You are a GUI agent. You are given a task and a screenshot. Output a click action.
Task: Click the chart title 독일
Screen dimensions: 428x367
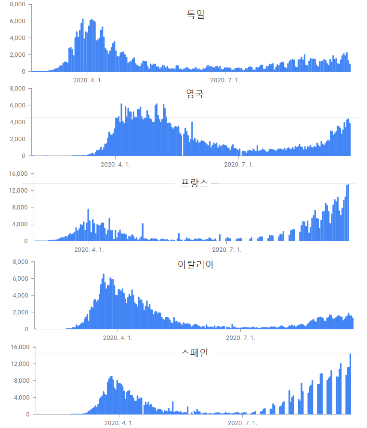click(x=196, y=14)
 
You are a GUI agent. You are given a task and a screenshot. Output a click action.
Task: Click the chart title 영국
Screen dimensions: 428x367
click(x=195, y=94)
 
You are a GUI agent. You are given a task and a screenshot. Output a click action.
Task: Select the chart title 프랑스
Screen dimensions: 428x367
click(x=195, y=183)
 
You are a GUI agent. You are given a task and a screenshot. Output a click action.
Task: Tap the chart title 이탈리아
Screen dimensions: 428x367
click(x=196, y=264)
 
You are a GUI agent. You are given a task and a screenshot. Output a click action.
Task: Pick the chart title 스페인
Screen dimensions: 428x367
click(x=195, y=353)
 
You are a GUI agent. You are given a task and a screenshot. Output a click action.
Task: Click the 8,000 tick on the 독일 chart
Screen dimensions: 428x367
click(x=17, y=4)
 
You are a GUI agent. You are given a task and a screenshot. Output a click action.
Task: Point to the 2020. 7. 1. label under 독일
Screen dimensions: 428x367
click(x=225, y=80)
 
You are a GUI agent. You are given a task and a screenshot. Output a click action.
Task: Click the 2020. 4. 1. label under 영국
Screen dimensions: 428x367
click(x=115, y=164)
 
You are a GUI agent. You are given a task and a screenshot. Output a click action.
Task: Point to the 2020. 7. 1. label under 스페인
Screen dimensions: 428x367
click(x=242, y=423)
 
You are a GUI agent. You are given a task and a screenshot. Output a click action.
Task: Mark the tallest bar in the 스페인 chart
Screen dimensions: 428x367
click(x=350, y=384)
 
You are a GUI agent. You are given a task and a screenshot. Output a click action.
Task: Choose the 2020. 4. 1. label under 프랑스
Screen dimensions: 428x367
click(x=89, y=249)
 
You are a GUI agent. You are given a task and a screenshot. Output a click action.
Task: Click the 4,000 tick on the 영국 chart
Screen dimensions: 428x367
click(x=17, y=122)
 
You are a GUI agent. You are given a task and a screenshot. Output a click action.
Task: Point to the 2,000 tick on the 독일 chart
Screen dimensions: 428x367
click(x=17, y=55)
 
